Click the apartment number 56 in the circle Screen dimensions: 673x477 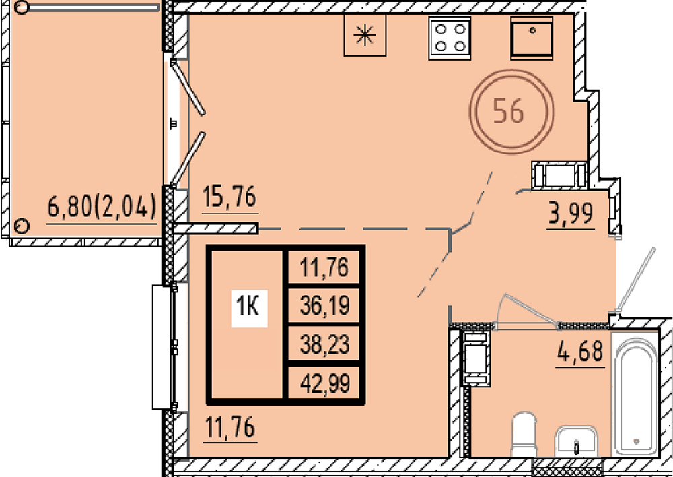coord(509,111)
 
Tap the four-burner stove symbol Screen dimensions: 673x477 coord(450,38)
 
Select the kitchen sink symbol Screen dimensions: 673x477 coord(532,38)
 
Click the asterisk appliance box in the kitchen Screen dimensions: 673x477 coord(365,35)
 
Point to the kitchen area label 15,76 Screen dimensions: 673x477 coord(229,197)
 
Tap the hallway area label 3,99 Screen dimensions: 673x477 coord(571,213)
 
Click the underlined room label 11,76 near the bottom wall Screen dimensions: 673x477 coord(230,427)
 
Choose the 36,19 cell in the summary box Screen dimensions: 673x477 coord(325,306)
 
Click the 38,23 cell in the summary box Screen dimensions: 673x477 coord(325,344)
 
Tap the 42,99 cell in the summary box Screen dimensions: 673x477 coord(325,383)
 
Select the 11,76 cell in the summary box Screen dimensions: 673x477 coord(325,267)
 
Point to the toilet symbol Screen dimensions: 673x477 coord(524,434)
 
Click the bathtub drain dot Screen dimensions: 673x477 coord(636,441)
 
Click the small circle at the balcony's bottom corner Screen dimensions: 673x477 coord(22,225)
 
